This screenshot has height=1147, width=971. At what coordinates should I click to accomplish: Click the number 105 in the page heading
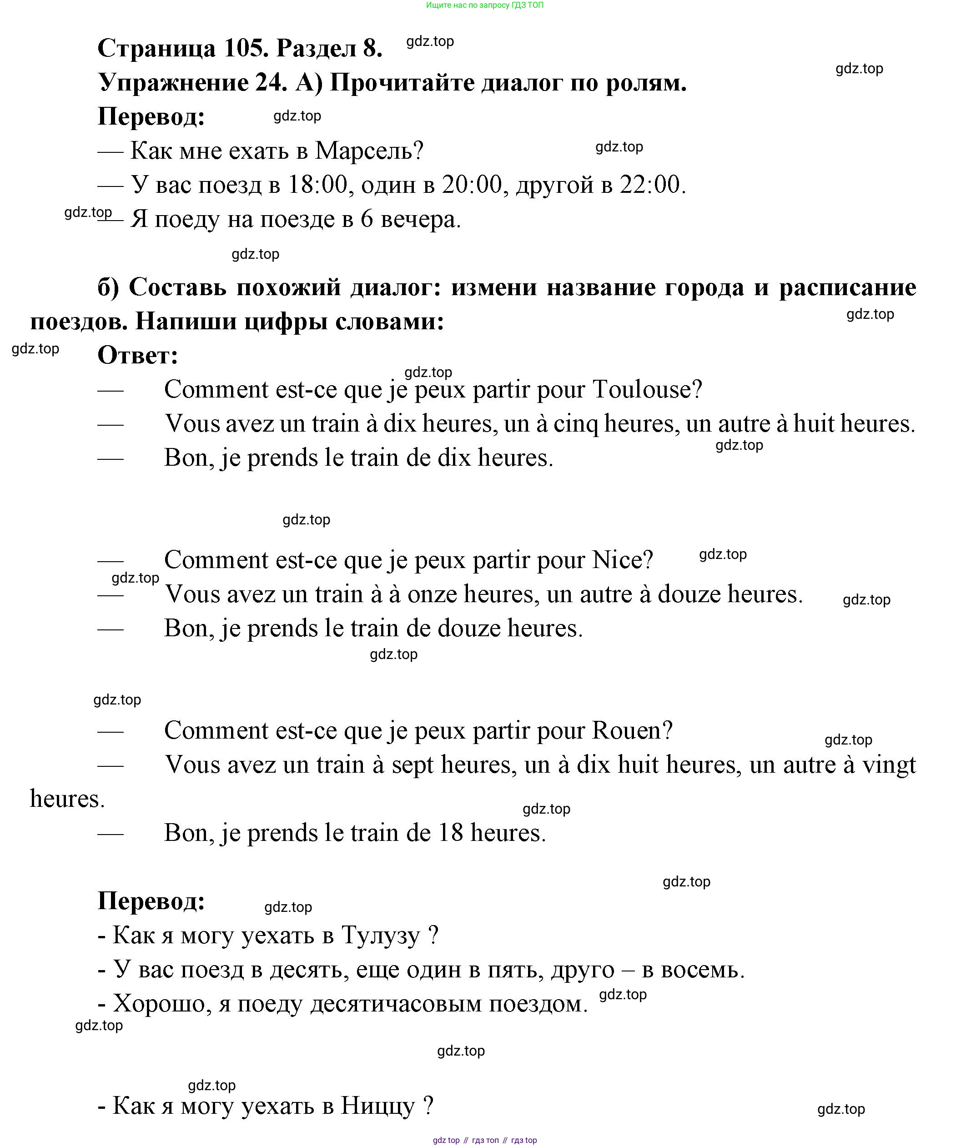point(246,48)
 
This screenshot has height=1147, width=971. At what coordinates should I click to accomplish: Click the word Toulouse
point(647,390)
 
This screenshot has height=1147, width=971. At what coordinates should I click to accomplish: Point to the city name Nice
point(622,560)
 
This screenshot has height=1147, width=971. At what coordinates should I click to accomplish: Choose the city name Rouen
point(632,731)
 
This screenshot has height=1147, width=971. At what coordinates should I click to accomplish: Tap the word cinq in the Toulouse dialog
point(575,424)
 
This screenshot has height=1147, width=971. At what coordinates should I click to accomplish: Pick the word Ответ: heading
point(138,356)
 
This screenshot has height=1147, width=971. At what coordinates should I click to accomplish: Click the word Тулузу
point(380,936)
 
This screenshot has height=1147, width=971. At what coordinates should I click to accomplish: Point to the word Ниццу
point(377,1106)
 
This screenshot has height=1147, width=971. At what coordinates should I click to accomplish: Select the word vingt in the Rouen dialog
point(888,765)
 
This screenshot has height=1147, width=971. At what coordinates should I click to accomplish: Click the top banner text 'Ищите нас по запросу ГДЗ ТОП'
point(484,5)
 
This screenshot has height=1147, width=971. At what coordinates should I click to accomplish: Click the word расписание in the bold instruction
point(847,287)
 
